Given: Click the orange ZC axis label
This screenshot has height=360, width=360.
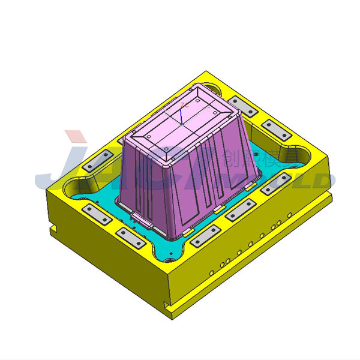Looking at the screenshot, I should (x=184, y=104).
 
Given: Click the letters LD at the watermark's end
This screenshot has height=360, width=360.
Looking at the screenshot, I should (x=318, y=180).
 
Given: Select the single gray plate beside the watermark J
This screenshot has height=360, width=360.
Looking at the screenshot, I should (x=96, y=161).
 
